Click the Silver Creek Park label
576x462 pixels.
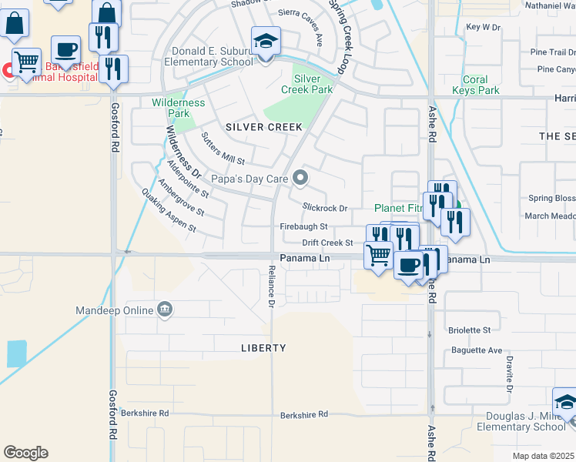312,84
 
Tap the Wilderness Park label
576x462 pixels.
179,108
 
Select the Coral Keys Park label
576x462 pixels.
476,85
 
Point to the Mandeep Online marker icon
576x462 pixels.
165,310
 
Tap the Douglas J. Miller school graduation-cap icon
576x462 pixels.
566,403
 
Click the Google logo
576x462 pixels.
25,453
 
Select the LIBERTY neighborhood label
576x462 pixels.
263,348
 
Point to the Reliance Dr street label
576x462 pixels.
271,286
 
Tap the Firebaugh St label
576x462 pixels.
303,226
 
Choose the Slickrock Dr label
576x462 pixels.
325,208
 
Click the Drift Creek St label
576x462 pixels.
327,243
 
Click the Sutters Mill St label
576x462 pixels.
222,150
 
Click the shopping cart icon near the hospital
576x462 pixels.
26,62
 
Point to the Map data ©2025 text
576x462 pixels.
543,456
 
